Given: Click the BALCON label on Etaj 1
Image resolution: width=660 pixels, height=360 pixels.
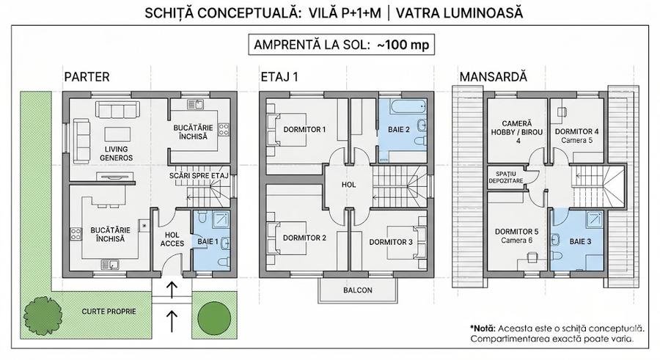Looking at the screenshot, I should [x=358, y=290].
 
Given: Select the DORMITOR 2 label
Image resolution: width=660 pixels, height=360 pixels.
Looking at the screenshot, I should [x=304, y=238].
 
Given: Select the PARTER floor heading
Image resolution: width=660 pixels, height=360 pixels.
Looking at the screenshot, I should [x=87, y=76].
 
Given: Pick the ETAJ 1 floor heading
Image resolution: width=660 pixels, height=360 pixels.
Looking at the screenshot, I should [x=279, y=76].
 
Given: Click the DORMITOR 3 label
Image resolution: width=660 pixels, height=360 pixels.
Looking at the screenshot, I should [x=390, y=241].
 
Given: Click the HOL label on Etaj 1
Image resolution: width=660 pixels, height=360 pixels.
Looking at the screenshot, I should [x=349, y=185].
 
